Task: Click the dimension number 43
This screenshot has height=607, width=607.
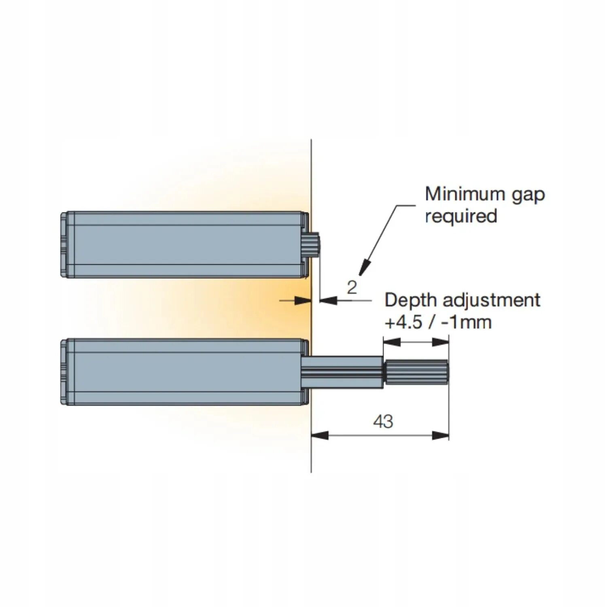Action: [383, 422]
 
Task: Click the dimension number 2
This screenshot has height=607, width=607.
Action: [352, 287]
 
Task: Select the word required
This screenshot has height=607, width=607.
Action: [461, 216]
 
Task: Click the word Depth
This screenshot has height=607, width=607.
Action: [410, 300]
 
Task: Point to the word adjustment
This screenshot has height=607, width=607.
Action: [491, 300]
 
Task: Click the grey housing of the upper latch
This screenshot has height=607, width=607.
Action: [186, 244]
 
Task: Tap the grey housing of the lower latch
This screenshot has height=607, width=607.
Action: [186, 371]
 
